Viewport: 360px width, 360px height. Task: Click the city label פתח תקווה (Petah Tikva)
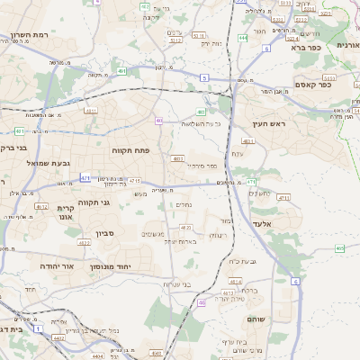click(x=129, y=150)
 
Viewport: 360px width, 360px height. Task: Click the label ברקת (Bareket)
click(x=252, y=290)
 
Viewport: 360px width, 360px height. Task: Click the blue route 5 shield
click(x=204, y=78)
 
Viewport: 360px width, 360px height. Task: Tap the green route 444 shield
click(x=243, y=39)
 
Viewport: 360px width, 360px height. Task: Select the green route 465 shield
click(x=338, y=248)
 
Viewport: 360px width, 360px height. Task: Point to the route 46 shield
click(x=202, y=302)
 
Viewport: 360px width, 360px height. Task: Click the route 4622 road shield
click(x=84, y=242)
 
